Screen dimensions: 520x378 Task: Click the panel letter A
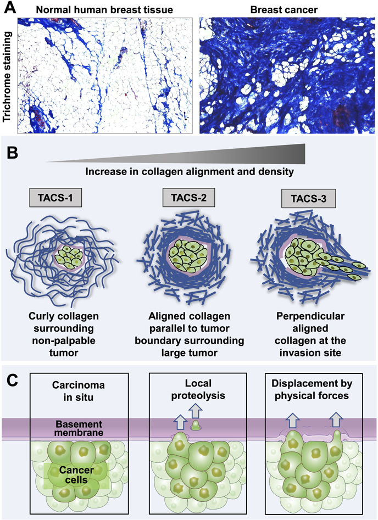[10, 8]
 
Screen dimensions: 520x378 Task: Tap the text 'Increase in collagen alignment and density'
[188, 172]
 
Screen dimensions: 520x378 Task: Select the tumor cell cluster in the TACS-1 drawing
[69, 257]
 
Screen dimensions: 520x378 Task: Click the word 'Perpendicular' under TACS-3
[310, 317]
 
